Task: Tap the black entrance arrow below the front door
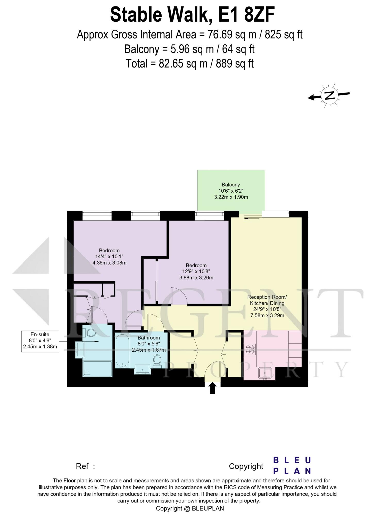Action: click(x=212, y=388)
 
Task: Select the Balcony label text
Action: click(x=231, y=185)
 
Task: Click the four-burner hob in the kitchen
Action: click(x=250, y=349)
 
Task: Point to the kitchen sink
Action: click(x=265, y=373)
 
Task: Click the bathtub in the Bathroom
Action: click(x=122, y=351)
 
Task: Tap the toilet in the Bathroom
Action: click(x=157, y=360)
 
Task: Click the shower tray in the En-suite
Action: click(x=97, y=369)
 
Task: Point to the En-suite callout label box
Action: click(x=40, y=341)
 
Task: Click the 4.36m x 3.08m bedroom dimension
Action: click(x=109, y=263)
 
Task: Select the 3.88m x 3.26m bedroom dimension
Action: click(x=196, y=278)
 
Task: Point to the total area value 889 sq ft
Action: click(x=235, y=63)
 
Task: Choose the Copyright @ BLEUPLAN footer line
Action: click(x=190, y=508)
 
